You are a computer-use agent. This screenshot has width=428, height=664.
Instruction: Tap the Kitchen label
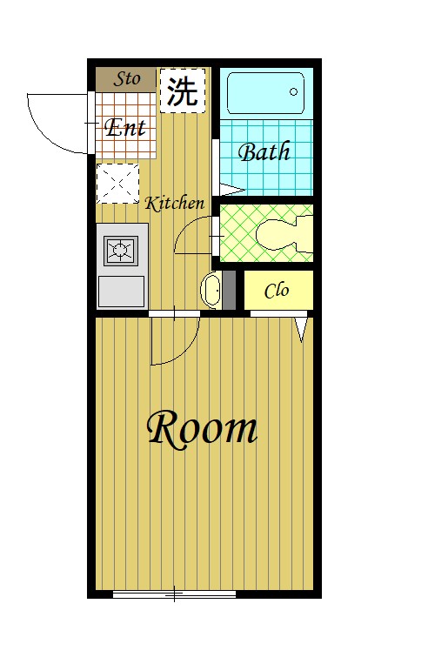174,204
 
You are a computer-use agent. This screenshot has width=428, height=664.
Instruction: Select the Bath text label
264,151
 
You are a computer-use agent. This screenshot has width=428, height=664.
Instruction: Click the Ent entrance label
125,127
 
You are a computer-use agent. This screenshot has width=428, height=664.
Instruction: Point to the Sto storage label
127,79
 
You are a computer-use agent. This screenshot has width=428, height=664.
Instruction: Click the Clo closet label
277,291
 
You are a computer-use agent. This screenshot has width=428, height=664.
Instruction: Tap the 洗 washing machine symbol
183,91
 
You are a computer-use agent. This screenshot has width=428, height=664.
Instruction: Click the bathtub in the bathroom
266,93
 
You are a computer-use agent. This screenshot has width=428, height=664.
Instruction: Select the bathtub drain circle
293,91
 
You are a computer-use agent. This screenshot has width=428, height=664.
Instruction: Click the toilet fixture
284,233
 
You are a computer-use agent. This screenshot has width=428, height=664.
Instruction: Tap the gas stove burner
121,250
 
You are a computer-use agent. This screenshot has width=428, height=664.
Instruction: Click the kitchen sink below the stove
122,291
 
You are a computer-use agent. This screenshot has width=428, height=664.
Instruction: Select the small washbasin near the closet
211,290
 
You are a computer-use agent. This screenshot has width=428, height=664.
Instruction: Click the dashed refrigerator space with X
117,184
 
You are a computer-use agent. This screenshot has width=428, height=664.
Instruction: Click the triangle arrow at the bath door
232,190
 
